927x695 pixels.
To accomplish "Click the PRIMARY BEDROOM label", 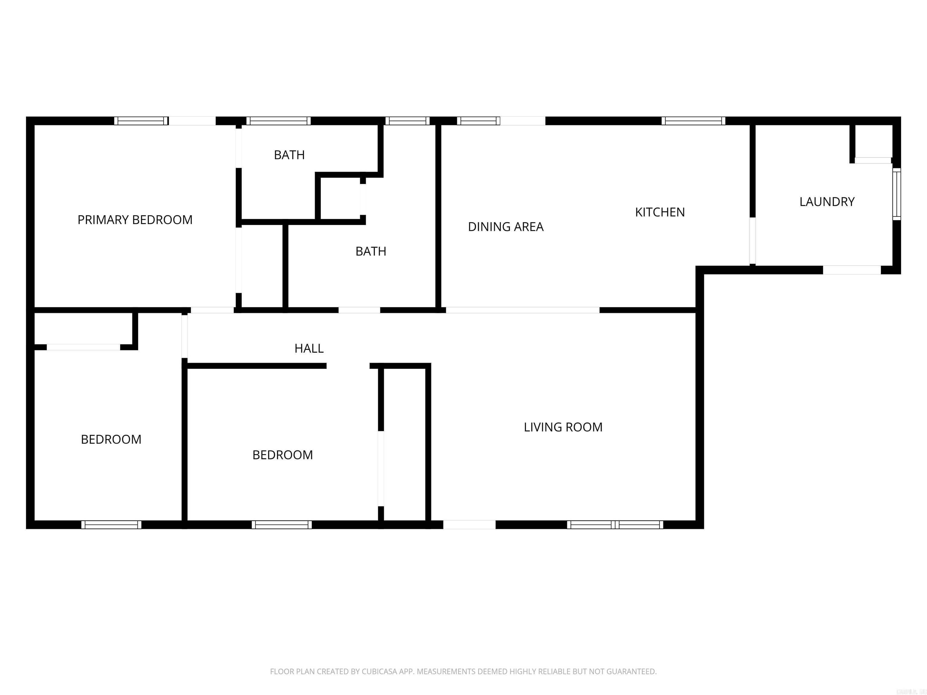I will click(x=135, y=220).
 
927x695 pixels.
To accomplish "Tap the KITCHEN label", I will click(x=660, y=212).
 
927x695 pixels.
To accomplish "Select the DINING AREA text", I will click(x=505, y=227).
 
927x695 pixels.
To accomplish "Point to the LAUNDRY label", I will click(x=827, y=202).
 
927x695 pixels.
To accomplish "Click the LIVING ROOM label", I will click(x=563, y=427).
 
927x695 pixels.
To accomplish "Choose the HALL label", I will click(x=309, y=348).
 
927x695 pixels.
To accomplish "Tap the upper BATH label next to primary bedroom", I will click(x=289, y=155).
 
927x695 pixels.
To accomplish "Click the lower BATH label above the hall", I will click(x=371, y=251).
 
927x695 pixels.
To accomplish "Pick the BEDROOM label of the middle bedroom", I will click(x=282, y=455).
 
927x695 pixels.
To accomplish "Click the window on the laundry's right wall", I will click(x=896, y=194).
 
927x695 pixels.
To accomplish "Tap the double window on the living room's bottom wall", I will click(x=615, y=525).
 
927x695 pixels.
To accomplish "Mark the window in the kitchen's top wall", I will click(x=693, y=121).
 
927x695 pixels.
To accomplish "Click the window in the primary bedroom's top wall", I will click(x=141, y=121).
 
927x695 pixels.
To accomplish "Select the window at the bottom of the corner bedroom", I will click(x=111, y=525).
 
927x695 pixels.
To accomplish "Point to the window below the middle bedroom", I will click(x=282, y=525).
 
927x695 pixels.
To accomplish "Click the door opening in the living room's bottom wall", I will click(x=469, y=525).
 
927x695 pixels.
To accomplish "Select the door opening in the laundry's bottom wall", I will click(x=852, y=270).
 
